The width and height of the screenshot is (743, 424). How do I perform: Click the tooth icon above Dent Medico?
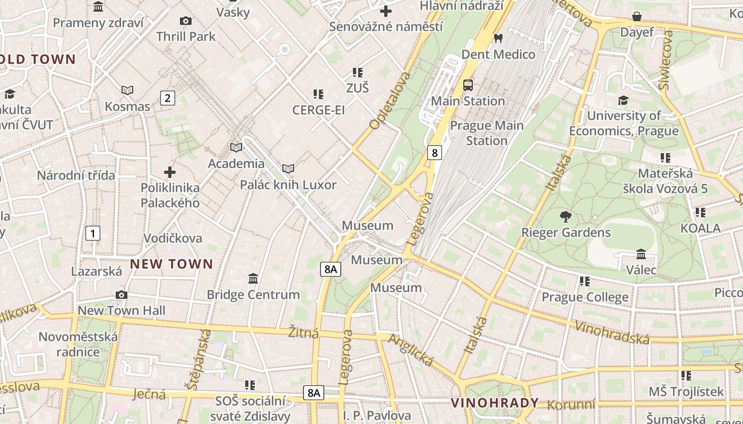click(x=498, y=38)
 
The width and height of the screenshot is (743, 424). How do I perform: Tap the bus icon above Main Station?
click(x=468, y=85)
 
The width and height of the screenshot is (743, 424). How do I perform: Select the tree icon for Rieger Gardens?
click(x=566, y=216)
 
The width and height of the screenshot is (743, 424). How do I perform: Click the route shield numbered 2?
click(x=168, y=98)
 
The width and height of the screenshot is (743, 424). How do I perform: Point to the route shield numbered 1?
click(x=93, y=233)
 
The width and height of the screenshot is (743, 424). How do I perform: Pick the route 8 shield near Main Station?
click(x=435, y=153)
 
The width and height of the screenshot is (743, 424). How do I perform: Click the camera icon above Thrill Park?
click(x=185, y=21)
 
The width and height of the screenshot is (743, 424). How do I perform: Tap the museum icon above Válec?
click(x=641, y=254)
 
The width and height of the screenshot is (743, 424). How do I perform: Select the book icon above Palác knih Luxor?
click(x=288, y=169)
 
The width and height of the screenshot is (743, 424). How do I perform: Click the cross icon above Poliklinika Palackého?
click(x=170, y=172)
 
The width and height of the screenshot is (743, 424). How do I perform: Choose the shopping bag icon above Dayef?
click(x=637, y=16)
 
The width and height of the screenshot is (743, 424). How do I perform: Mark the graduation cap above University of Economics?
click(x=624, y=100)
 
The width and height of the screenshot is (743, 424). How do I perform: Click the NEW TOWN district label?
click(x=171, y=263)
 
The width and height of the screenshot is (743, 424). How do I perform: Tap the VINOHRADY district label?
click(x=495, y=403)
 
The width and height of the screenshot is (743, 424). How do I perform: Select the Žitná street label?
click(x=304, y=333)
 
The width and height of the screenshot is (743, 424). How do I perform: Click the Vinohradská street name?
click(x=612, y=332)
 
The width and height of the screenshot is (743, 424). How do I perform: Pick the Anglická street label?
click(x=411, y=350)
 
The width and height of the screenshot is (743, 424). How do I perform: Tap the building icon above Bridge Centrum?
click(x=253, y=278)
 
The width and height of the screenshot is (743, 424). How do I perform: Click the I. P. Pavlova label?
click(x=377, y=415)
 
